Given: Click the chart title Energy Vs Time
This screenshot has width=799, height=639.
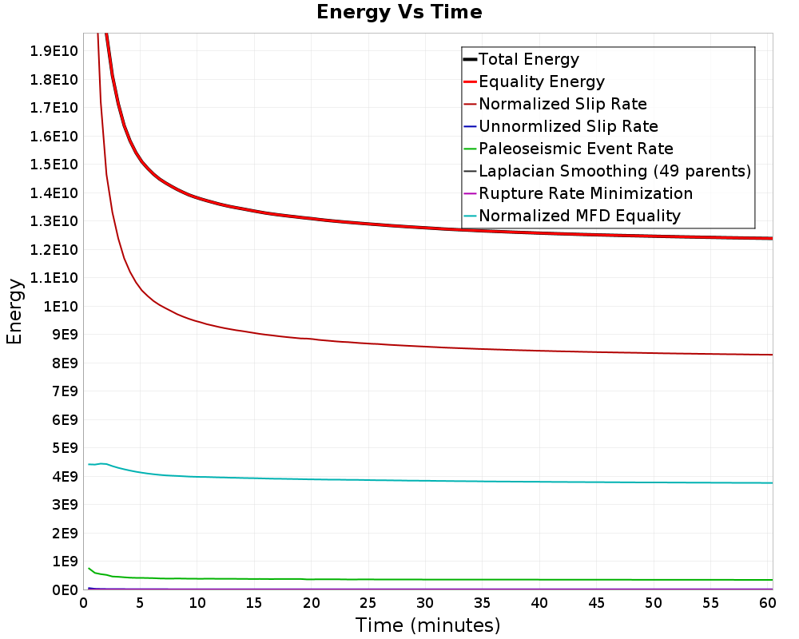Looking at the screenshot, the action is pos(399,12).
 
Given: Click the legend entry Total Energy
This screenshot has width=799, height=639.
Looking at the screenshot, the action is pos(528,59).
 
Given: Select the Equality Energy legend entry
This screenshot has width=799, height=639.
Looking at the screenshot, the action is pos(542,81).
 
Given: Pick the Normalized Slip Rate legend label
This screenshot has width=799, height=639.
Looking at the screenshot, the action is pos(562,104).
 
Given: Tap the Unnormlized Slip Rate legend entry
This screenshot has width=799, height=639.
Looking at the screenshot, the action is pos(568,126).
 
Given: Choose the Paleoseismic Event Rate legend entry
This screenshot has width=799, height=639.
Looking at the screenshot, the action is pos(576,149).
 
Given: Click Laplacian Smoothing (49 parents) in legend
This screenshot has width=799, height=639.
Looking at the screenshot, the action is pos(614,171).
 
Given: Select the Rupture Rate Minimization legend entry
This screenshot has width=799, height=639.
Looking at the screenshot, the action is pos(586,193).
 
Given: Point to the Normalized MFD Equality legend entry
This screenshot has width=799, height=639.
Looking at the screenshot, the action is pos(579,216).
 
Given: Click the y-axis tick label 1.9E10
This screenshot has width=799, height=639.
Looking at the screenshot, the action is pos(54,51).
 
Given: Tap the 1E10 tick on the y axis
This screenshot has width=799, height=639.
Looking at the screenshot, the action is pos(60,306).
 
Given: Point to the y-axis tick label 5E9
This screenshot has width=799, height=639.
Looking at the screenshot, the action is pos(64,448).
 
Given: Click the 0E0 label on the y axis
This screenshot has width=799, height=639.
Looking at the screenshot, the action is pos(64,589).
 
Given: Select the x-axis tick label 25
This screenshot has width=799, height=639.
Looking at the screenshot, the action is pos(368,603).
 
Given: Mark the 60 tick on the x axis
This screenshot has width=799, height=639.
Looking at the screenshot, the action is pos(767,603).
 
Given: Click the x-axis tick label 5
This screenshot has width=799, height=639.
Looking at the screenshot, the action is pos(140,603).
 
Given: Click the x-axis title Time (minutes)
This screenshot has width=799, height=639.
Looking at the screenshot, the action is pos(427,625).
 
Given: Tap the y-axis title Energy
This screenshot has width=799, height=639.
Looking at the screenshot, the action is pos(14,312).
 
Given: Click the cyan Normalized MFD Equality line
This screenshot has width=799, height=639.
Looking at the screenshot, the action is pos(428,481).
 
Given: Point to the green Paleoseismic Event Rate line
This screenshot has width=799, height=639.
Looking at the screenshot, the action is pos(428,579).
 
